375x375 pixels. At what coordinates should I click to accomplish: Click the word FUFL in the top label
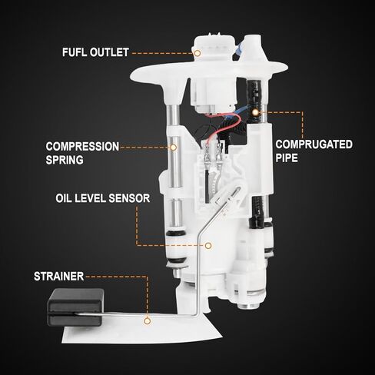75,52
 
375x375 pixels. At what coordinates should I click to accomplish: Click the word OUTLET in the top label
109,52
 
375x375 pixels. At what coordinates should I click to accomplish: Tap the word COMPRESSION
82,147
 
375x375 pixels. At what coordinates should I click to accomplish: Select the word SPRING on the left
65,160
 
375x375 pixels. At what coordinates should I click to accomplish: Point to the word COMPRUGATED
314,144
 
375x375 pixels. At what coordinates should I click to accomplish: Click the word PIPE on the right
287,158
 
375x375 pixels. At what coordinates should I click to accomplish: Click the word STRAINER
59,277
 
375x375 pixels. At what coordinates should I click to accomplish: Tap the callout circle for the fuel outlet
197,53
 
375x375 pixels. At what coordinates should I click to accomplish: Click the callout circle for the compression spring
174,148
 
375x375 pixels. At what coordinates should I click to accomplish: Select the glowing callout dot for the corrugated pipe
255,112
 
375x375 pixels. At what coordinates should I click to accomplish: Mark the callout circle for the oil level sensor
208,246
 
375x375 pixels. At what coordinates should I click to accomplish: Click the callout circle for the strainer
147,320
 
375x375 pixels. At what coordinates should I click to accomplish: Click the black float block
75,307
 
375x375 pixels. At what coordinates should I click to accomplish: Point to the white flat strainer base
141,330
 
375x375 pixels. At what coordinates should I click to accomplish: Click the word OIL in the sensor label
61,198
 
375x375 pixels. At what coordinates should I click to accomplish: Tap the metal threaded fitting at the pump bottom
247,305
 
